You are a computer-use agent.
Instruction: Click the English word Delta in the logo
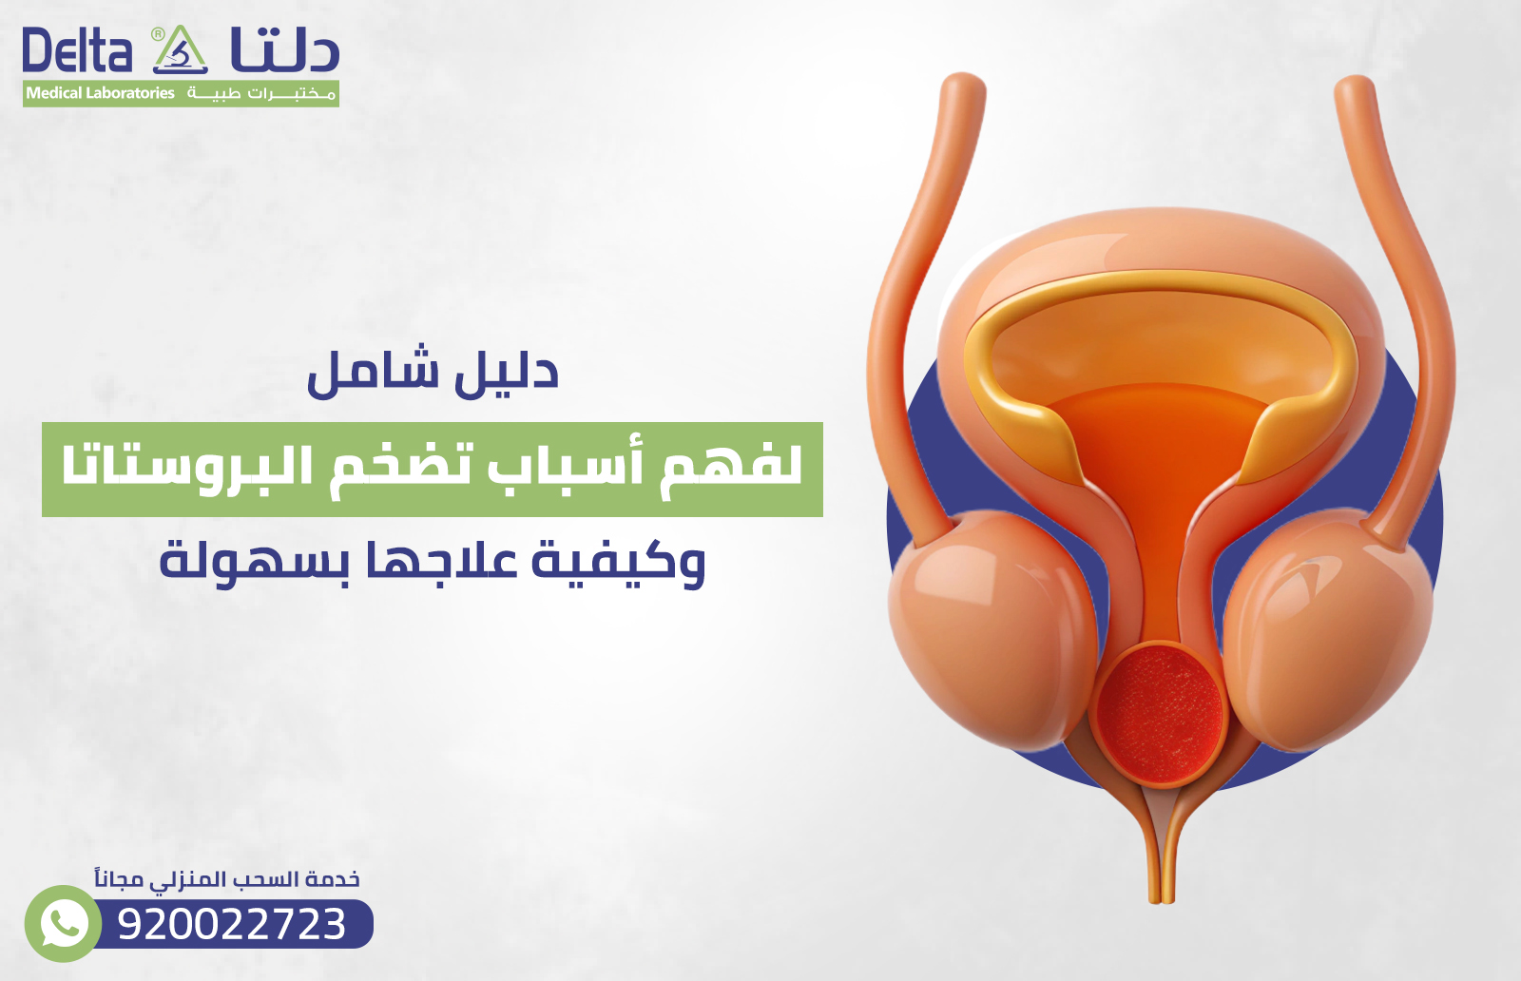coord(77,51)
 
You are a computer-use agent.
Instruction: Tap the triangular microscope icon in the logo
coord(180,51)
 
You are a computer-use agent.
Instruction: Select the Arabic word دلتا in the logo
coord(284,51)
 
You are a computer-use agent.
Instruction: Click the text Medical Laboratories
coord(100,93)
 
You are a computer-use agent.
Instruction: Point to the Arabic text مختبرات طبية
coord(261,93)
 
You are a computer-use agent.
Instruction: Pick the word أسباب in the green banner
coord(567,466)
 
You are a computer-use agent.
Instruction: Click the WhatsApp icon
coord(63,923)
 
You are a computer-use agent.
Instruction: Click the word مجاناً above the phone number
coord(119,879)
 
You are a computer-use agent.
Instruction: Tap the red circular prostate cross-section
coord(1159,713)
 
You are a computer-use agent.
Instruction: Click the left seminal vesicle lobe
coord(989,627)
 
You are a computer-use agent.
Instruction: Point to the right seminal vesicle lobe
coord(1331,627)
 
